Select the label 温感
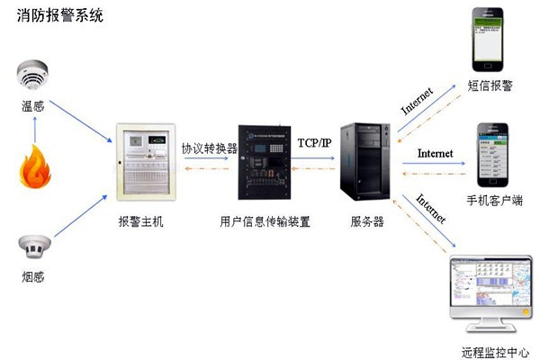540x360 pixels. pos(33,107)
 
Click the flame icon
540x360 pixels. pos(34,168)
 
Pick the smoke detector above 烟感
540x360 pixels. pos(34,244)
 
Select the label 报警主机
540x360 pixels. pos(141,221)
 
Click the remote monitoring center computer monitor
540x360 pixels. pos(491,288)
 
